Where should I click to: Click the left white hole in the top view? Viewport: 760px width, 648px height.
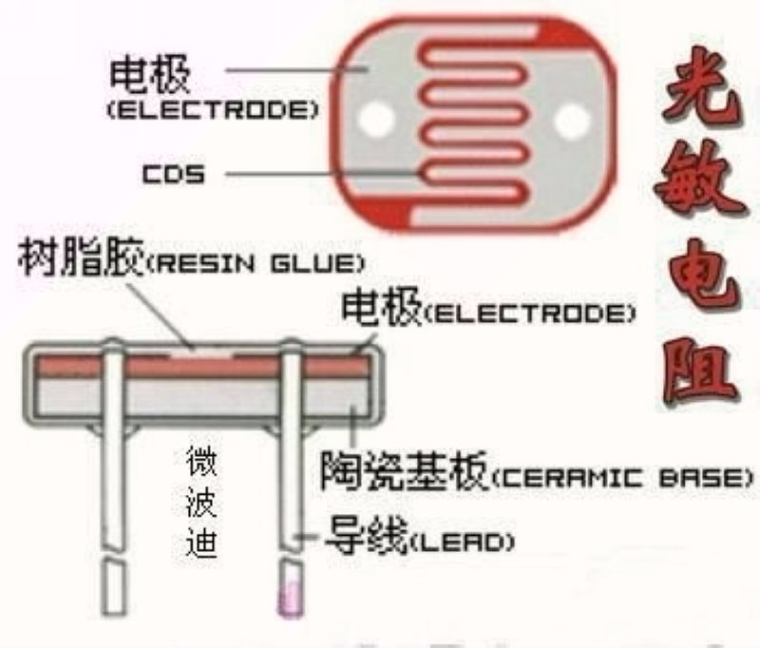click(x=375, y=118)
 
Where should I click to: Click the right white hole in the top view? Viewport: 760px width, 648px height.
click(x=573, y=121)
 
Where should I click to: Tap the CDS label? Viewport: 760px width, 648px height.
click(x=174, y=174)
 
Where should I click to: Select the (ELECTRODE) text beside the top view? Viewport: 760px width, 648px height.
click(x=213, y=110)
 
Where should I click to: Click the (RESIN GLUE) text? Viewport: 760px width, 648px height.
click(x=256, y=264)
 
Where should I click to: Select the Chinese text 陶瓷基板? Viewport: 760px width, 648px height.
click(x=405, y=470)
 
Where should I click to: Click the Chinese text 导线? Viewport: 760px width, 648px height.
click(x=367, y=535)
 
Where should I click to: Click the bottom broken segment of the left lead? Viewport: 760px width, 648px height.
click(x=113, y=588)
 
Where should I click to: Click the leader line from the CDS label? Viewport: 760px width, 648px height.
click(x=323, y=173)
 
